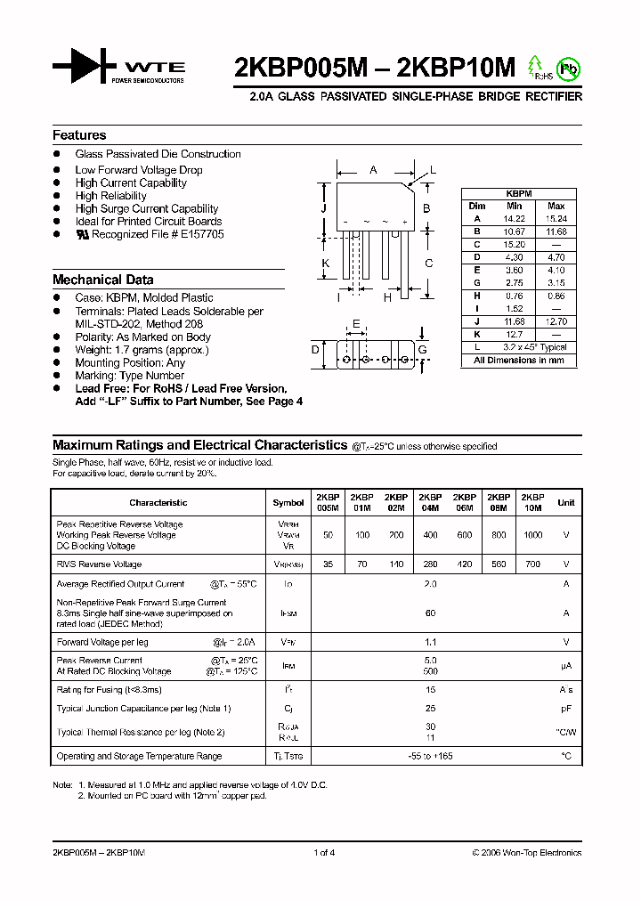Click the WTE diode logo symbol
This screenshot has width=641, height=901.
coord(85,66)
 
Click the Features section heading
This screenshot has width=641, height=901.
coord(79,135)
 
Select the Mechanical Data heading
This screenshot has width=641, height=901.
coord(102,279)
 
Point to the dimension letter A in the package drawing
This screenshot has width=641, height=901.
coord(373,169)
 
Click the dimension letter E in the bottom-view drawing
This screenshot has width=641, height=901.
coord(356,323)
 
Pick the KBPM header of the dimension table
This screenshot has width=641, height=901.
coord(518,192)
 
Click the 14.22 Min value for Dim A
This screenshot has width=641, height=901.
coord(515,218)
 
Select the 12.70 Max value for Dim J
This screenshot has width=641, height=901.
coord(556,321)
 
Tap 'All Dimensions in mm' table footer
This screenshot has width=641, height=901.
coord(518,361)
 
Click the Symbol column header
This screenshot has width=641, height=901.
coord(288,502)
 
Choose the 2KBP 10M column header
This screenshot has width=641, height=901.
coord(532,502)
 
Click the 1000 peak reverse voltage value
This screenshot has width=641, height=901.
coord(532,535)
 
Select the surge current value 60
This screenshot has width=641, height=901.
coord(431,613)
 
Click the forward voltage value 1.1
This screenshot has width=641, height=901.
coord(431,642)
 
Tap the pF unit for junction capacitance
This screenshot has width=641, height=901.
coord(565,709)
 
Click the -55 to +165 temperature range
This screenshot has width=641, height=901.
coord(431,756)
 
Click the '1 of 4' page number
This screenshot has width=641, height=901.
coord(324,853)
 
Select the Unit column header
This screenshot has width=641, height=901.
coord(565,502)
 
